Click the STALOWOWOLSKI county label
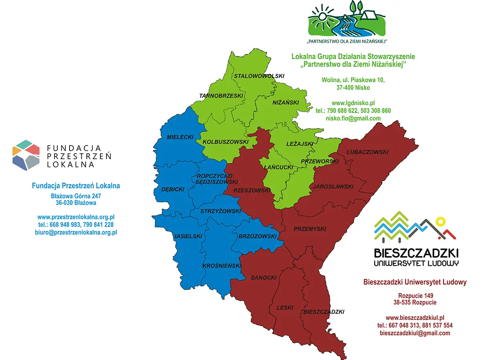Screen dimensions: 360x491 click(259, 76)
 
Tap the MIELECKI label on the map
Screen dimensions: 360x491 click(180, 137)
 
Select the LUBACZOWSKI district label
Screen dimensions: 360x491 click(367, 152)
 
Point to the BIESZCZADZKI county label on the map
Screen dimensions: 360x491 click(324, 312)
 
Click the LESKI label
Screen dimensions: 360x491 click(285, 308)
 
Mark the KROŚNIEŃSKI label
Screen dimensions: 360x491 click(222, 266)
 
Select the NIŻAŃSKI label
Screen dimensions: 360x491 click(286, 102)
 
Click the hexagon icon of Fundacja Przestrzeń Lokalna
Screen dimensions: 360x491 click(26, 155)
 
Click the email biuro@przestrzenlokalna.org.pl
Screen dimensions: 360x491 click(76, 232)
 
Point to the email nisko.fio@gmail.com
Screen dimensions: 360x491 click(353, 118)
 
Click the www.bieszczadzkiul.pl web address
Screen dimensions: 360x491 click(415, 317)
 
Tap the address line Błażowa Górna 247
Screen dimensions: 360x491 click(76, 196)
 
